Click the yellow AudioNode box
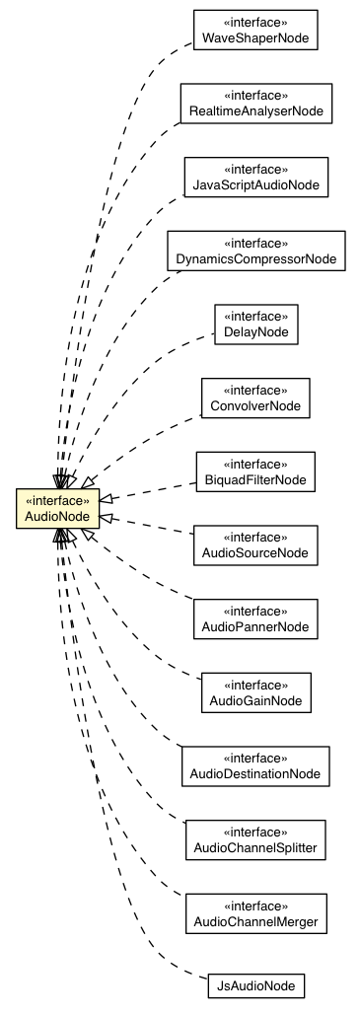click(57, 508)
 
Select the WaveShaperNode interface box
click(255, 31)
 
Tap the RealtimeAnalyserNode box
click(255, 104)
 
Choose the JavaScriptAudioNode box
click(255, 177)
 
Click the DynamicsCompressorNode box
click(255, 251)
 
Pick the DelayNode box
click(255, 325)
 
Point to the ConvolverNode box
click(255, 398)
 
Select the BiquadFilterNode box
click(255, 471)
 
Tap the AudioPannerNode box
click(255, 618)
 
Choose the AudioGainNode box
click(255, 692)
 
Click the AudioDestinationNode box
click(255, 765)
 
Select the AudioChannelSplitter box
click(255, 839)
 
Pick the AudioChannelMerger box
click(255, 912)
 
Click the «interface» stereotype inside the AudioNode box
click(57, 500)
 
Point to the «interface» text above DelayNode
click(255, 317)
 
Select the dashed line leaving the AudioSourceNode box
click(148, 525)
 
